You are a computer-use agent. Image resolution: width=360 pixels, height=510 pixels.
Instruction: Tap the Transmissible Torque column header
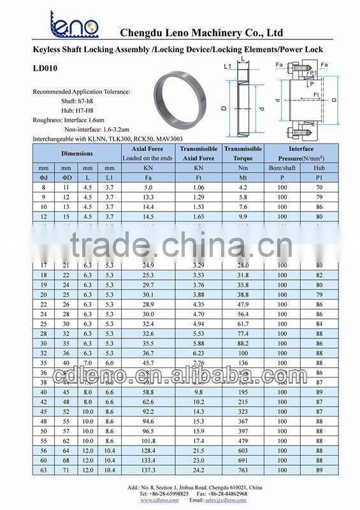[x=243, y=153]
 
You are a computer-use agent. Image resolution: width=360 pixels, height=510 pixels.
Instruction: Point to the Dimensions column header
[x=76, y=153]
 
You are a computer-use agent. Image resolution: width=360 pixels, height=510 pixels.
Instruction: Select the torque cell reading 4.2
[x=243, y=187]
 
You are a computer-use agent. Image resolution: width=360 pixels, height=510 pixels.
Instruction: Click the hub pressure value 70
[x=319, y=187]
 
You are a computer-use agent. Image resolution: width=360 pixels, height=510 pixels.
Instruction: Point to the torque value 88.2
[x=243, y=342]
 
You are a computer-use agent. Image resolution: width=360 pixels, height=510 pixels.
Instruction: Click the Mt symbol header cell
[x=243, y=177]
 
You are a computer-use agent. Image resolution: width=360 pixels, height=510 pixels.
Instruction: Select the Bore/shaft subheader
[x=282, y=168]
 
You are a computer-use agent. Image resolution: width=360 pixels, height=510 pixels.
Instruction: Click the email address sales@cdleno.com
[x=225, y=500]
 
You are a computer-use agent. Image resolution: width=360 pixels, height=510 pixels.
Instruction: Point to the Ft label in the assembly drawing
[x=315, y=95]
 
